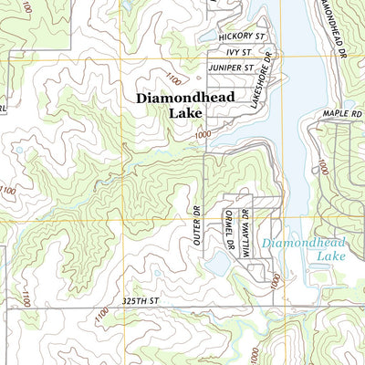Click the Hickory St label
tap(242, 36)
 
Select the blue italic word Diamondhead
tap(297, 244)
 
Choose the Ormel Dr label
tap(229, 229)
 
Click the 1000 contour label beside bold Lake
tap(202, 134)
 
